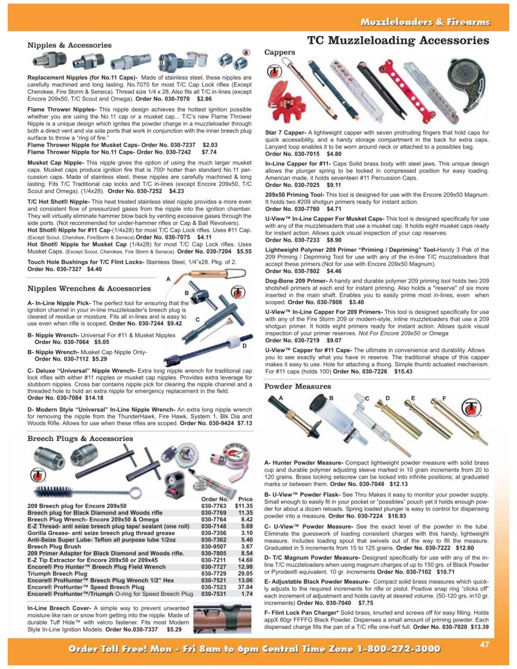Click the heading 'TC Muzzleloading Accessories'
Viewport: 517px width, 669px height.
[398, 41]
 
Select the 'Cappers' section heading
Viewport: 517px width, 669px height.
[280, 52]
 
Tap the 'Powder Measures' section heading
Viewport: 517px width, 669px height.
[297, 386]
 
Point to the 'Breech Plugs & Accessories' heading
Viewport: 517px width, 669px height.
[81, 438]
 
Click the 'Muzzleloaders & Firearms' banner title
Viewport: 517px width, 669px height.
[425, 22]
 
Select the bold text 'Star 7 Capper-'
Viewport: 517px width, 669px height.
[286, 132]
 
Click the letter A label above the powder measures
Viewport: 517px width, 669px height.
[281, 398]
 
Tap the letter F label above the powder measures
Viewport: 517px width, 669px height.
[444, 398]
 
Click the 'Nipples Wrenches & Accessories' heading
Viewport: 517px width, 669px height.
[89, 288]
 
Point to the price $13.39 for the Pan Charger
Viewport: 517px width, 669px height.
[480, 627]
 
